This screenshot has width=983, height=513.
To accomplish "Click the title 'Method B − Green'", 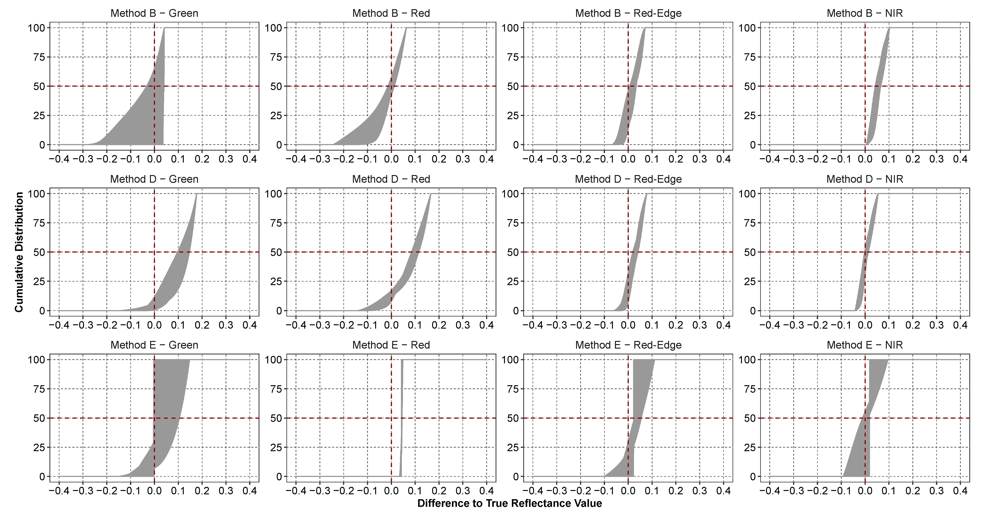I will (x=154, y=13).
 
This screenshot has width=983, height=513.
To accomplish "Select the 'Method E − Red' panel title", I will (x=391, y=345).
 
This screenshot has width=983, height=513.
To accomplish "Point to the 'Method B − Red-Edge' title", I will (x=628, y=13).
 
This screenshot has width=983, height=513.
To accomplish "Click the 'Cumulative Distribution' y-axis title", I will (x=19, y=252).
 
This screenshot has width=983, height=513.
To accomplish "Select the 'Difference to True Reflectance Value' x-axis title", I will (x=509, y=503).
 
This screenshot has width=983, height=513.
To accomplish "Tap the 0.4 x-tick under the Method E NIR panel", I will (x=960, y=491).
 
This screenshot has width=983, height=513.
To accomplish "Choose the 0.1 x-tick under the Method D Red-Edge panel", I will (x=652, y=325).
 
